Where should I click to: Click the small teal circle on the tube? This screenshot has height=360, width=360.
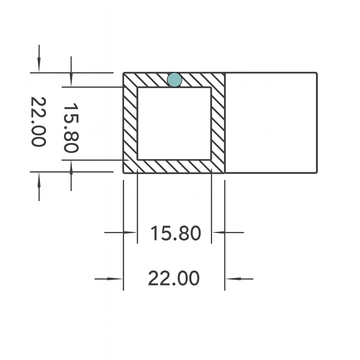pos(175,79)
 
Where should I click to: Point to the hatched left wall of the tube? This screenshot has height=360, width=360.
pos(129,122)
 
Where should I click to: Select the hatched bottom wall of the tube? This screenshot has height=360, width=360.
pos(174,165)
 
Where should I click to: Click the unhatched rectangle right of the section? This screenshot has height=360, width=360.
pos(272,122)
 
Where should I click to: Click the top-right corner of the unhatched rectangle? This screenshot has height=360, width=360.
pos(320,72)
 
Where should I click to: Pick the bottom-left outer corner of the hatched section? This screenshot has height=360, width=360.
pos(123,172)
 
